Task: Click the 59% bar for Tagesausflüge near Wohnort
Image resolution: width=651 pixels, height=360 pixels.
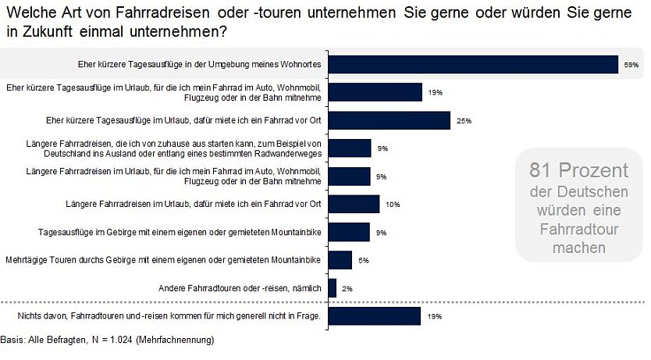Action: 473,64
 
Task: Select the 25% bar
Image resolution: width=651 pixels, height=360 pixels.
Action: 390,120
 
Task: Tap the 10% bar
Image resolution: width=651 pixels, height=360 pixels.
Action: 354,205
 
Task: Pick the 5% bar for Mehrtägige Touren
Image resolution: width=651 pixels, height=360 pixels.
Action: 340,260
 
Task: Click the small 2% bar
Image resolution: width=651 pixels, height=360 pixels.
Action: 333,288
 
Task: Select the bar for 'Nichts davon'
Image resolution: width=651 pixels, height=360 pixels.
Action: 375,316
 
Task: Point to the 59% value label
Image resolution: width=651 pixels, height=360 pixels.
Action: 631,65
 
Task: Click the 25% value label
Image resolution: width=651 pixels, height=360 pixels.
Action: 464,121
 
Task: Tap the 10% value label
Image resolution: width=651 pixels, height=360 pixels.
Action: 393,205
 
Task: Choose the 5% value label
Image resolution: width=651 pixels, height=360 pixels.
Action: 364,260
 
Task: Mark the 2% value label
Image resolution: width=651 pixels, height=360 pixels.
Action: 347,288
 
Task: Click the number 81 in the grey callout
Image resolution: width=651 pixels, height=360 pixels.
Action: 539,170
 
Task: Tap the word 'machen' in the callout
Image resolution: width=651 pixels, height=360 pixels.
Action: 579,248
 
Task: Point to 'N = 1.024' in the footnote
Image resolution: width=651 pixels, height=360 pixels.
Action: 112,340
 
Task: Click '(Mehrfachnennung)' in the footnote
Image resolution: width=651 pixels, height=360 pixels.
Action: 175,340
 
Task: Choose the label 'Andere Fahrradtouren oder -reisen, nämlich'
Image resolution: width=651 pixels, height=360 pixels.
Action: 240,288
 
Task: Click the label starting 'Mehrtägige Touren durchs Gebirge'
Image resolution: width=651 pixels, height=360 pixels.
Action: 163,260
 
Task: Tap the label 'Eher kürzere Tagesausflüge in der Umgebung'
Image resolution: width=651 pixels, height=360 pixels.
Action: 200,64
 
